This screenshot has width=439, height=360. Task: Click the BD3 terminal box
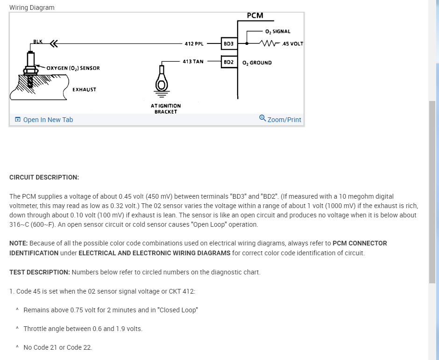tap(229, 43)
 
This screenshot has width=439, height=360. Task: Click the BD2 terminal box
tap(229, 62)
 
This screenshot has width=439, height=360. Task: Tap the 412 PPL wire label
tap(194, 43)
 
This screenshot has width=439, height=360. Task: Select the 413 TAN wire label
tap(193, 61)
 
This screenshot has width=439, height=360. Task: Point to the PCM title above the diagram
tap(255, 15)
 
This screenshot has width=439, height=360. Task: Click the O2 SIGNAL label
tap(277, 31)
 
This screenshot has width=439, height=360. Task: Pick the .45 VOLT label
tap(293, 44)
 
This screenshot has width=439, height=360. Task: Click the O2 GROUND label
tap(257, 63)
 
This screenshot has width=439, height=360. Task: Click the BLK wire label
tap(38, 42)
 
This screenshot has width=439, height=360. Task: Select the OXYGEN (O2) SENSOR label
tap(73, 68)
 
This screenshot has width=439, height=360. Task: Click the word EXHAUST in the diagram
tap(84, 89)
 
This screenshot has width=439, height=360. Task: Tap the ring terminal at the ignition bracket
tap(162, 82)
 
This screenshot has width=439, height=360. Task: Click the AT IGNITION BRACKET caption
tap(166, 109)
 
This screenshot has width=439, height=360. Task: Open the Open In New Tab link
tap(48, 120)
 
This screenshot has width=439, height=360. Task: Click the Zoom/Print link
tap(284, 120)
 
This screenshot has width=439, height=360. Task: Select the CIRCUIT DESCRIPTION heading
tap(44, 177)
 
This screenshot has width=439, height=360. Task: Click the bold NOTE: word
tap(19, 243)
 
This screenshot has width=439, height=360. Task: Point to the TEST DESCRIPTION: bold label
tap(40, 272)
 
